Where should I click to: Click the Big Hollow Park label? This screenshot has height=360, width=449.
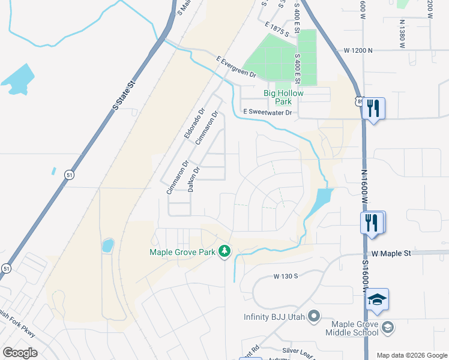[284, 97]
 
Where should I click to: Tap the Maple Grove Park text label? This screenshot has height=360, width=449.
[182, 252]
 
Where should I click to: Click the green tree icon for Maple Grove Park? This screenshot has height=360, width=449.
[224, 251]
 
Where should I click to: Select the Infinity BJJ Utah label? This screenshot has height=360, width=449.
[275, 317]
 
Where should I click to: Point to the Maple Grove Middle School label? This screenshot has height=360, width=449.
[352, 328]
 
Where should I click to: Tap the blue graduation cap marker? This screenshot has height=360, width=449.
[378, 299]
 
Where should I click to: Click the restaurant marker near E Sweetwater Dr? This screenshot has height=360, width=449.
[374, 108]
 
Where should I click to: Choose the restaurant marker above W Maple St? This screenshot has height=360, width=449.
[372, 222]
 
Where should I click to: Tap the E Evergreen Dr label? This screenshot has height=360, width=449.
[235, 67]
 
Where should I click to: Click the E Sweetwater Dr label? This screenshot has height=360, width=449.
[267, 112]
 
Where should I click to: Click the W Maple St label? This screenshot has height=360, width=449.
[390, 253]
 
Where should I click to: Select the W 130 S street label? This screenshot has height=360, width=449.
[286, 277]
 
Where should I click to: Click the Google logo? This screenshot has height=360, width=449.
[20, 353]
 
